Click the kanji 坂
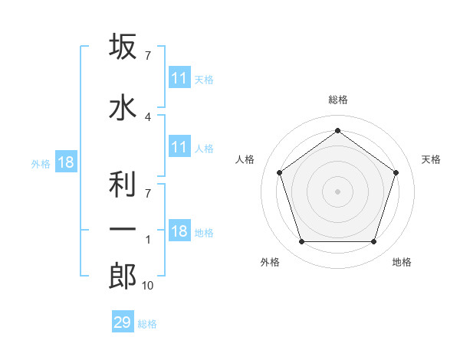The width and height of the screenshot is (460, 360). point(123,46)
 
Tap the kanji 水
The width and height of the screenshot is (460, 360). point(123,107)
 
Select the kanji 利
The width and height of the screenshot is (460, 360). point(123,184)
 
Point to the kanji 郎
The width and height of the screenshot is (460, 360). point(123,276)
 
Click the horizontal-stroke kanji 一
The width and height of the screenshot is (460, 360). point(123,229)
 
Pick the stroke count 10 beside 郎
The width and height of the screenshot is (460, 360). point(147,286)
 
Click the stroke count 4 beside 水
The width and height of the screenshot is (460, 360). point(148,117)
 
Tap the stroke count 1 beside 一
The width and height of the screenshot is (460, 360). point(148,240)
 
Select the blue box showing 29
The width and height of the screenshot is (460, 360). point(123,321)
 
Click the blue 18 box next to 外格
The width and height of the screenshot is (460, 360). point(66,162)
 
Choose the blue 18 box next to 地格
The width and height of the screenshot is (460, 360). point(180,230)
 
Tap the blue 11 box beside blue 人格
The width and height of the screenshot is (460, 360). point(180,146)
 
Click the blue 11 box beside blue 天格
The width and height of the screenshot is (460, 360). point(180,77)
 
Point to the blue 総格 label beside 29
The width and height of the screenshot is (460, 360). point(147,324)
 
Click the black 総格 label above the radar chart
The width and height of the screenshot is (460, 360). point(338,100)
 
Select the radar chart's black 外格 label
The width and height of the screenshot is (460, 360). point(270,262)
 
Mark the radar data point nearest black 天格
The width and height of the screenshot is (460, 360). point(396,172)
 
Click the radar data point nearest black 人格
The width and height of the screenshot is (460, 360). point(279,172)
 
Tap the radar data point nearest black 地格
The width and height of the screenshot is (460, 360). point(373,241)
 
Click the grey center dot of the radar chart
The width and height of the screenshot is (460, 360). point(337,191)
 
